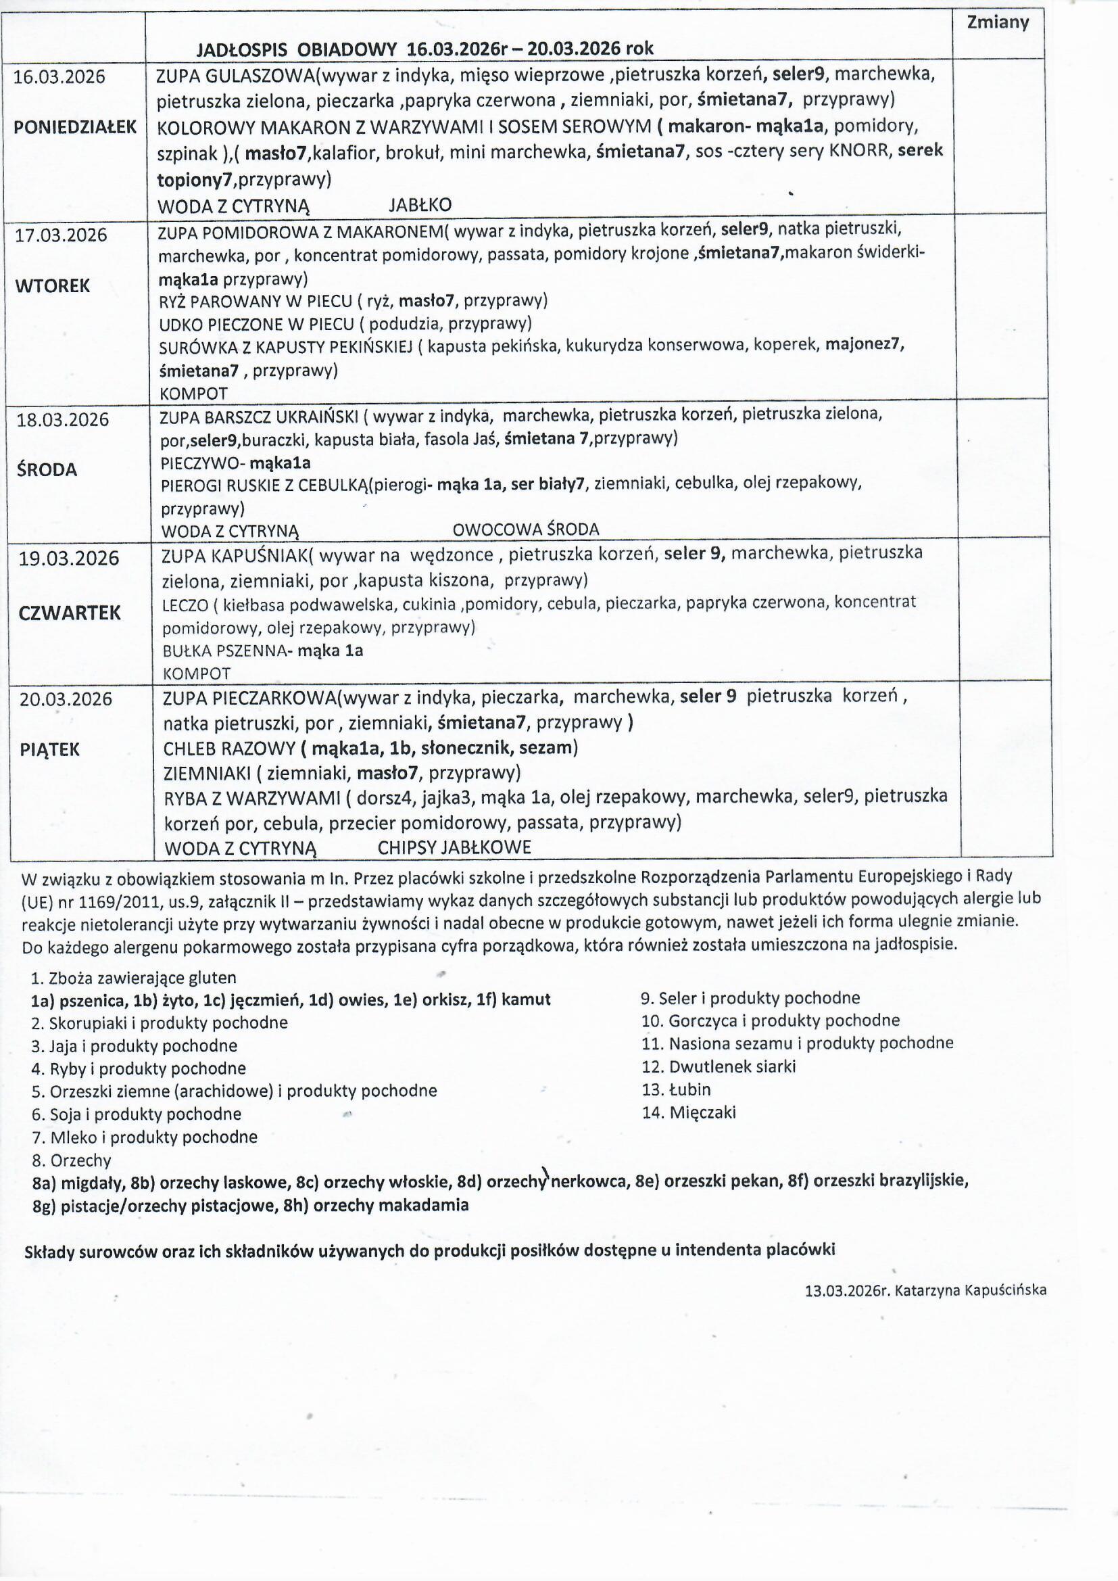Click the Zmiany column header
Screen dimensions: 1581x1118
[x=997, y=23]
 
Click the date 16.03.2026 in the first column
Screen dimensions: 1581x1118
[x=60, y=76]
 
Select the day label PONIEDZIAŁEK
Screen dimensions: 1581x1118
[x=75, y=127]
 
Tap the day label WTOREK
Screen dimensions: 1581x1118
[x=52, y=286]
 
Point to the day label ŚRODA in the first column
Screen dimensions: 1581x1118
[x=47, y=470]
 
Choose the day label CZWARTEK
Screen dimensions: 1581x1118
[x=70, y=613]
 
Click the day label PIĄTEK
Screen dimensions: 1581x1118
[x=49, y=750]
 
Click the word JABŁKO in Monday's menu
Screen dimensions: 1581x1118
[x=420, y=205]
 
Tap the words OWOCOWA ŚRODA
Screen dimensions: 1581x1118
[x=526, y=529]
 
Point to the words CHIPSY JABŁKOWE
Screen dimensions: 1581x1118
[x=454, y=848]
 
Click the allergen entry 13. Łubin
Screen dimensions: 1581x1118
[x=676, y=1089]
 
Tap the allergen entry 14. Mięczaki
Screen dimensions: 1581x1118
[x=688, y=1112]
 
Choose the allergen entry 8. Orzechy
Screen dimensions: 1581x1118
[x=71, y=1161]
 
